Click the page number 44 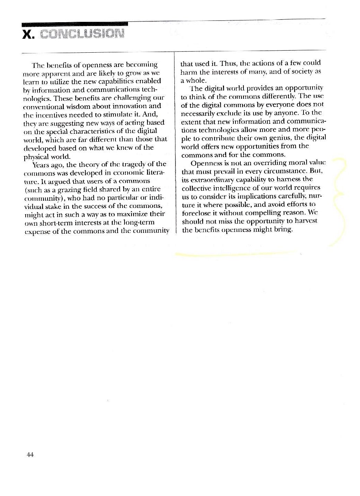(x=29, y=455)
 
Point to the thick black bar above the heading (x=75, y=24)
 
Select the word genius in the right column (x=275, y=138)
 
